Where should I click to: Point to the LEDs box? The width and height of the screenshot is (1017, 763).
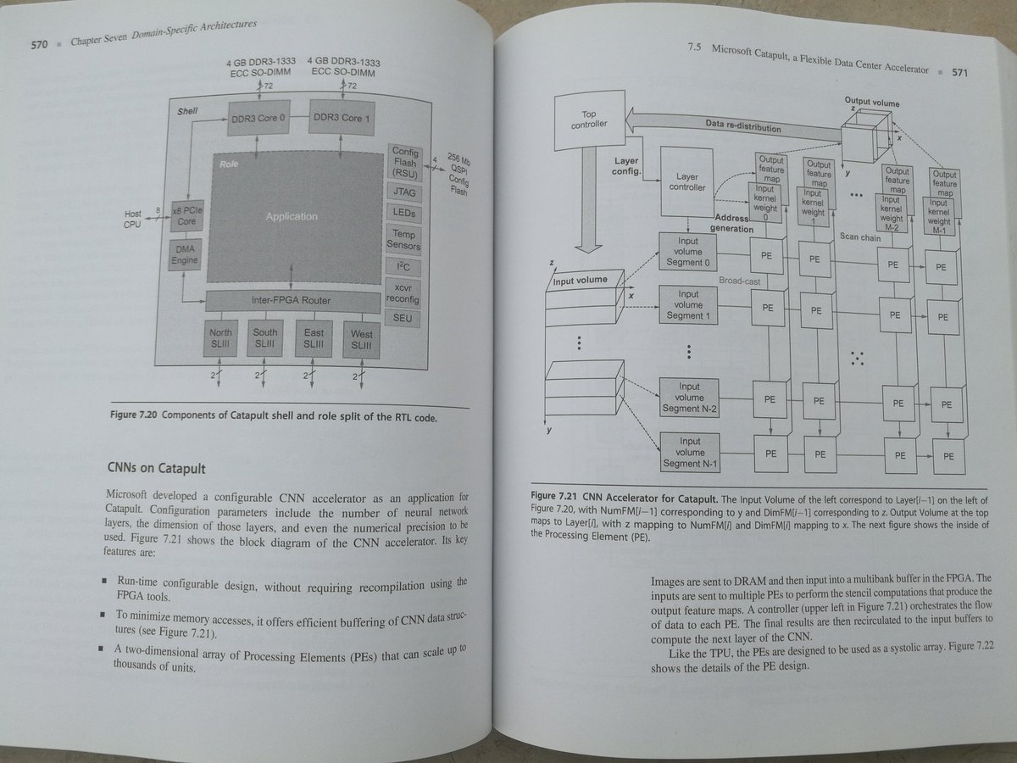[x=404, y=212]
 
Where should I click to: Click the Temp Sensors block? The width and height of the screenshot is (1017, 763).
[x=403, y=238]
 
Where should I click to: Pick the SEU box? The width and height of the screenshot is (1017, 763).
[x=402, y=317]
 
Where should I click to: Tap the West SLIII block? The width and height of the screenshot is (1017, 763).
[x=361, y=341]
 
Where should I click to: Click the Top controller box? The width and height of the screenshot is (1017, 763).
[x=589, y=120]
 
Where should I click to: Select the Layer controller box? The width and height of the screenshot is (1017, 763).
[x=686, y=182]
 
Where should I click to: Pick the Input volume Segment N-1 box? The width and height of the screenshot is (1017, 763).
[x=689, y=451]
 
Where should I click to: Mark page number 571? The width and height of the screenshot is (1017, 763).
[x=959, y=73]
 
